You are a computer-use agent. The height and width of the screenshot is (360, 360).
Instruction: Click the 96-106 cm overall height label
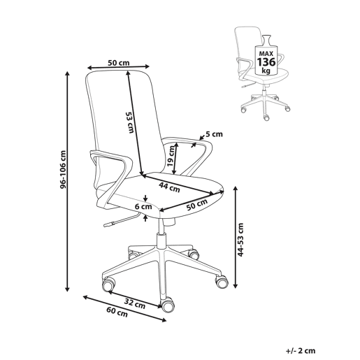pyautogui.click(x=63, y=169)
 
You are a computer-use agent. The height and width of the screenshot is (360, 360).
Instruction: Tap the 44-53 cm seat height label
pyautogui.click(x=240, y=239)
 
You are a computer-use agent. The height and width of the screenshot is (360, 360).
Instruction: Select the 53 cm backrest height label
pyautogui.click(x=130, y=122)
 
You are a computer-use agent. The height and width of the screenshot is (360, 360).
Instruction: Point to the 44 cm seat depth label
pyautogui.click(x=169, y=187)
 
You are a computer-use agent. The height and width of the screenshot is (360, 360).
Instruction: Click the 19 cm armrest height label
pyautogui.click(x=171, y=156)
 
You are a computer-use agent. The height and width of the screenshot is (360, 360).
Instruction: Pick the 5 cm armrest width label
pyautogui.click(x=214, y=134)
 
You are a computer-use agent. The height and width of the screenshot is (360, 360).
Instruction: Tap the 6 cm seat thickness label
pyautogui.click(x=143, y=206)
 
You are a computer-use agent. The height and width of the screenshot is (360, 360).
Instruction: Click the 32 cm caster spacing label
pyautogui.click(x=135, y=304)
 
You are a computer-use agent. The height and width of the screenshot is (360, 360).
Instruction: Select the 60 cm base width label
pyautogui.click(x=117, y=312)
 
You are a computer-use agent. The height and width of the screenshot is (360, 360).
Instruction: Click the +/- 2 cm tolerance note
pyautogui.click(x=301, y=351)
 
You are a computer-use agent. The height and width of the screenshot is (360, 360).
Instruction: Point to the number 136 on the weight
pyautogui.click(x=266, y=62)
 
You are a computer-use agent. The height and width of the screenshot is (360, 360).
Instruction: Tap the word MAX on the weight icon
pyautogui.click(x=266, y=54)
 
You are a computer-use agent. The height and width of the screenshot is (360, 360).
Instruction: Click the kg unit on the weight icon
pyautogui.click(x=266, y=71)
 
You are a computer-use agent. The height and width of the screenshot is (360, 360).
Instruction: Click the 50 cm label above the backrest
pyautogui.click(x=119, y=63)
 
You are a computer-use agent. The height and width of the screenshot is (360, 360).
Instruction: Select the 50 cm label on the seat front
pyautogui.click(x=197, y=205)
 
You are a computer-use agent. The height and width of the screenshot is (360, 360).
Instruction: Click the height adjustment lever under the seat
pyautogui.click(x=121, y=220)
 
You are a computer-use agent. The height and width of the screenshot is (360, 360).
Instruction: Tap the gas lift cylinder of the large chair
pyautogui.click(x=161, y=241)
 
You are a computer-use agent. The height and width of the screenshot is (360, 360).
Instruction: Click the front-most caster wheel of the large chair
pyautogui.click(x=167, y=305)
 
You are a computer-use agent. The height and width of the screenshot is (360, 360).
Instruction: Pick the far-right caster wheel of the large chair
pyautogui.click(x=222, y=282)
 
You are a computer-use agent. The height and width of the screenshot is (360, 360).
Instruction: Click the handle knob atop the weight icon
pyautogui.click(x=266, y=39)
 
